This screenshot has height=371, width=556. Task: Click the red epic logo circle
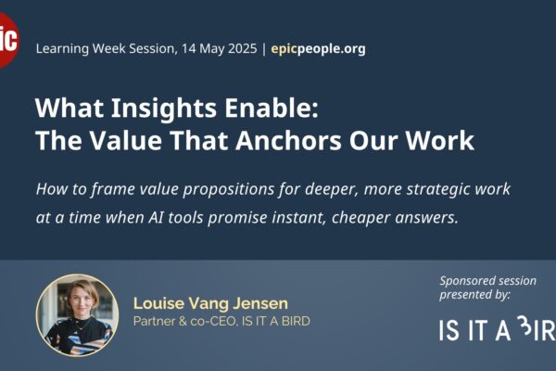pyautogui.click(x=7, y=40)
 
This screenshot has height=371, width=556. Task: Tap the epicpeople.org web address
pyautogui.click(x=318, y=48)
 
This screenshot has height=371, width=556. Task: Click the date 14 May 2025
pyautogui.click(x=219, y=48)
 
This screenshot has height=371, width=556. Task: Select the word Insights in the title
pyautogui.click(x=163, y=109)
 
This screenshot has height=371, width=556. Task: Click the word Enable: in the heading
pyautogui.click(x=272, y=108)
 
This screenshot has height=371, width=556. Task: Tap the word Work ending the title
pyautogui.click(x=439, y=141)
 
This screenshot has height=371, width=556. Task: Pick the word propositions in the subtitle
pyautogui.click(x=228, y=189)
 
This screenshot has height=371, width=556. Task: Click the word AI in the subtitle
pyautogui.click(x=156, y=217)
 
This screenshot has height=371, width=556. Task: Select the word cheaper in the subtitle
pyautogui.click(x=361, y=218)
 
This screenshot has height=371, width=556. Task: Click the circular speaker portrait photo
pyautogui.click(x=77, y=315)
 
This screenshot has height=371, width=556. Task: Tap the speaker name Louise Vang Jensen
pyautogui.click(x=210, y=303)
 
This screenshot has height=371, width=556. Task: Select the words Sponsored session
pyautogui.click(x=488, y=280)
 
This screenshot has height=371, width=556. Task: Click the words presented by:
pyautogui.click(x=475, y=295)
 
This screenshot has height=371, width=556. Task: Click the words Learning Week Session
pyautogui.click(x=107, y=48)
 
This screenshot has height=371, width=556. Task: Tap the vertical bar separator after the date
pyautogui.click(x=264, y=49)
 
